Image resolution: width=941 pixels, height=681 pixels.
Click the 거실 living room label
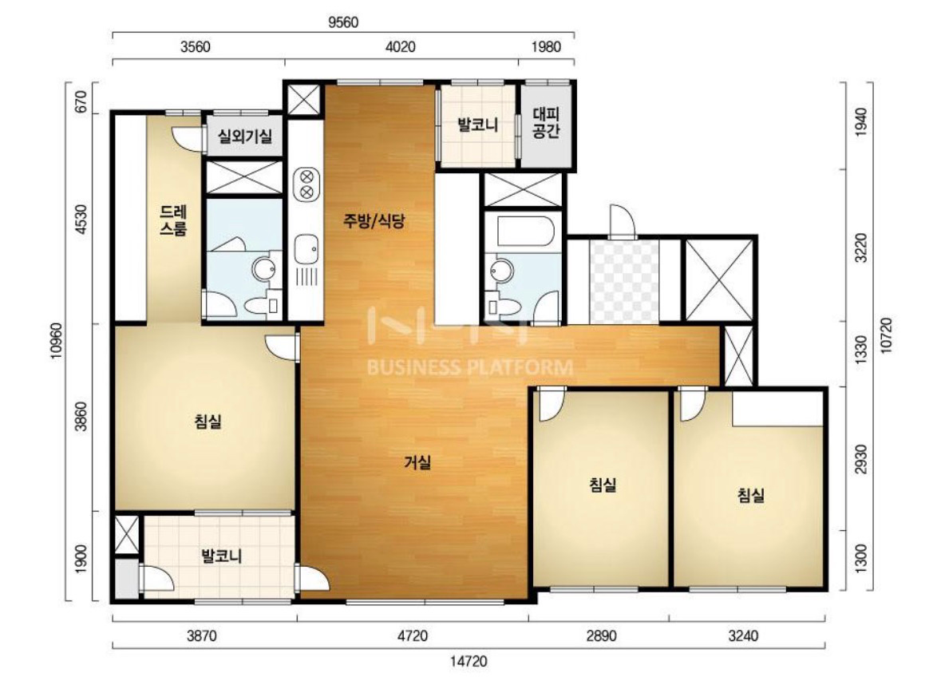pos(417,462)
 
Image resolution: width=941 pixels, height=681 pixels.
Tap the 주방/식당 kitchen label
pos(374,220)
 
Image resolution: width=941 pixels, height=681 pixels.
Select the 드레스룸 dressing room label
pos(173,220)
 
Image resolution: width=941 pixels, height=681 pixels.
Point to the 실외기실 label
pos(245,137)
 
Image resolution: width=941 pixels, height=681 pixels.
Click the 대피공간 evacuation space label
pos(546,122)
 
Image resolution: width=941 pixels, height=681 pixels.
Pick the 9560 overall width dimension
pos(343,22)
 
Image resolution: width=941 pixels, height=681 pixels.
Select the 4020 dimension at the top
pos(401,46)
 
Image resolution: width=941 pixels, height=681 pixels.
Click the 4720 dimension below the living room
pos(413,635)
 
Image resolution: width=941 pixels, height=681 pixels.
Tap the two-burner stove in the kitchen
pos(306,184)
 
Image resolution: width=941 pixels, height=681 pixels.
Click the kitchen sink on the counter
pos(306,248)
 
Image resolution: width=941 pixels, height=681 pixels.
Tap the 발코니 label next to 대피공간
pos(478,125)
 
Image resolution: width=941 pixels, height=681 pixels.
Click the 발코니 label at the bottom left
pos(221,556)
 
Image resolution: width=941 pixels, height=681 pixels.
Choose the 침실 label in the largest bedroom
pos(208,421)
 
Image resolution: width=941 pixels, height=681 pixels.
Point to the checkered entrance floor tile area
pos(623,280)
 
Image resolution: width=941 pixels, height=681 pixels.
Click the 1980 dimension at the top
pos(545,46)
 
